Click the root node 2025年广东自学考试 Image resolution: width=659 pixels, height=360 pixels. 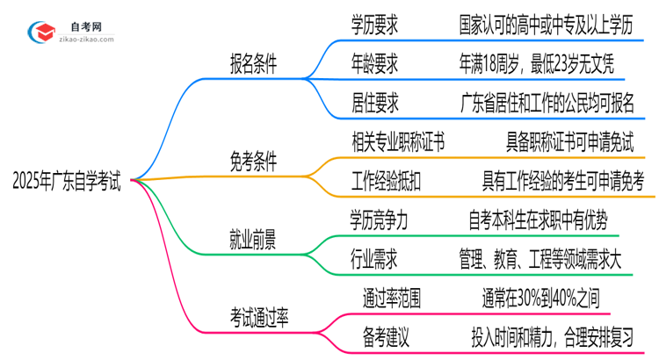[67, 182]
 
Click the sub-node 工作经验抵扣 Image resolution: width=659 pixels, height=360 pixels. [386, 180]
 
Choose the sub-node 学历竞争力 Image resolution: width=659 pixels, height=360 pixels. [380, 217]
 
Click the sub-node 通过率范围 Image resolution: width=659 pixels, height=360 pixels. [392, 297]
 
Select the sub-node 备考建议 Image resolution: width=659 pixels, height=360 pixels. [386, 335]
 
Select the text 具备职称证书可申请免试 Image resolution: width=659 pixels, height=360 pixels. [569, 143]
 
